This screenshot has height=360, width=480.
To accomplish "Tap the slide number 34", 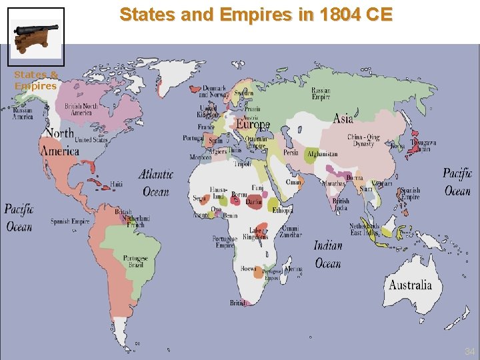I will point(469,351).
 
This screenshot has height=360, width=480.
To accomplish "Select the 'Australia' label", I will point(410,285).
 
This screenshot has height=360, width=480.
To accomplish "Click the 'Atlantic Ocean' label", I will point(157,183).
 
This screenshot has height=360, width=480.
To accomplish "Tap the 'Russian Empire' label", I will point(321,93).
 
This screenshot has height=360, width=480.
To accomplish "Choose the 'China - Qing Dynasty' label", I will point(364,141).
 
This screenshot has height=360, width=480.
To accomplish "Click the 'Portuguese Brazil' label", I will point(135,261).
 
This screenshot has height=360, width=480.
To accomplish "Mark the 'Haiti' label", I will point(117,183).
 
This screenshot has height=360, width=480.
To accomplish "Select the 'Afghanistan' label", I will point(322,155).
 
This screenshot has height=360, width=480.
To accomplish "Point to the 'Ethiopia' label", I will point(282,209).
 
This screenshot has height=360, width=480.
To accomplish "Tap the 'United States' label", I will point(91,140).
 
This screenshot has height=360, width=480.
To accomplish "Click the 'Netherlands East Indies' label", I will point(364,229).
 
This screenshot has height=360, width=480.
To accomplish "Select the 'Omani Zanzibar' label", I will point(290,231).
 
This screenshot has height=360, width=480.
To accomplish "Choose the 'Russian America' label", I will point(23,113).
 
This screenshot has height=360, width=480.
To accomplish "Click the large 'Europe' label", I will point(253,125).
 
